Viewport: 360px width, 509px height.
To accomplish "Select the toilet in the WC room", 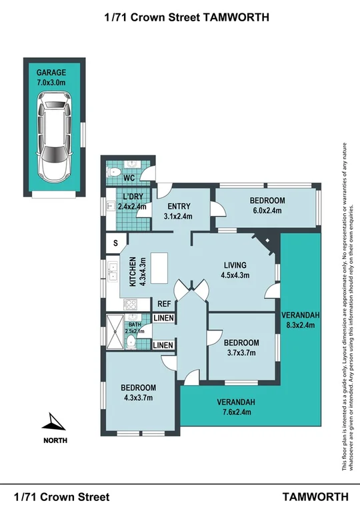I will pyautogui.click(x=115, y=173).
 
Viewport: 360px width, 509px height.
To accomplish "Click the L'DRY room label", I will pyautogui.click(x=131, y=202).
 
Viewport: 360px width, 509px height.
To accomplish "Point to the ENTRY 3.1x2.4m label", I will pyautogui.click(x=179, y=211).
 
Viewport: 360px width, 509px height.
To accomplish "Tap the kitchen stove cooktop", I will pyautogui.click(x=131, y=304).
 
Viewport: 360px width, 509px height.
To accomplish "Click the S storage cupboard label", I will pyautogui.click(x=115, y=243).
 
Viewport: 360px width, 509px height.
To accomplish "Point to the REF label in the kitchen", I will pyautogui.click(x=165, y=304).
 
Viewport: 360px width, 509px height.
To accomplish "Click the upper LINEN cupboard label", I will pyautogui.click(x=163, y=319).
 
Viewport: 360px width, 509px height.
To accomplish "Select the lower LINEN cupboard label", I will pyautogui.click(x=163, y=344).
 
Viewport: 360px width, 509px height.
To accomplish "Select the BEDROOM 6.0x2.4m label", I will pyautogui.click(x=267, y=205).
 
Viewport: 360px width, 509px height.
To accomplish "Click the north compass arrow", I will pyautogui.click(x=53, y=422).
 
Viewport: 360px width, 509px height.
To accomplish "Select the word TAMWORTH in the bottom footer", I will pyautogui.click(x=315, y=496).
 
